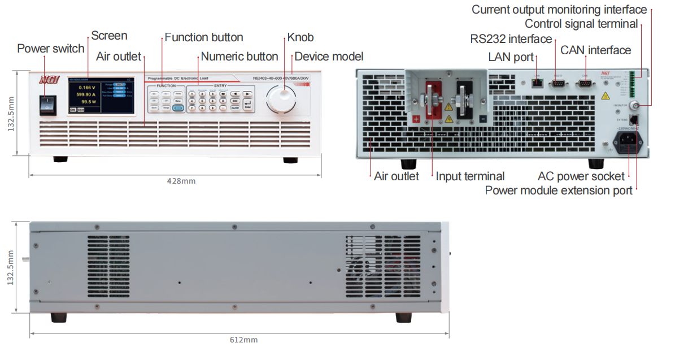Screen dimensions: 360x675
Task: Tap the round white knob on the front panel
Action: [x=281, y=101]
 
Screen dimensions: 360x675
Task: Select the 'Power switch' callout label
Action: [x=51, y=48]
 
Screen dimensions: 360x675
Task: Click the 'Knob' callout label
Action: [x=301, y=37]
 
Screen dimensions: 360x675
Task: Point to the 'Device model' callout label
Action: [x=329, y=57]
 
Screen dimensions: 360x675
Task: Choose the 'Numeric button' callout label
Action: [x=239, y=57]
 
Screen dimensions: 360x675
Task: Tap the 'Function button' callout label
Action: [x=204, y=37]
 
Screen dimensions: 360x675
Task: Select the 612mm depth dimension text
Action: [x=244, y=340]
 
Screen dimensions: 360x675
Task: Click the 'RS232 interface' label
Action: [x=511, y=38]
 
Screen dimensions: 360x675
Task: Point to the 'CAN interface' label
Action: [x=596, y=50]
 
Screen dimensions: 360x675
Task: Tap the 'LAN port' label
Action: [x=511, y=57]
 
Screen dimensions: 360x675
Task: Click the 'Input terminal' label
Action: [x=470, y=176]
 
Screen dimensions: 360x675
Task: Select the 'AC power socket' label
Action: [x=581, y=176]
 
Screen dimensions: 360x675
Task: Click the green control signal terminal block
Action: [x=638, y=84]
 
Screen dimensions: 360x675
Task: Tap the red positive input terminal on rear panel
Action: [x=434, y=101]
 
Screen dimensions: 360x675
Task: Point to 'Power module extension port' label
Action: [x=559, y=190]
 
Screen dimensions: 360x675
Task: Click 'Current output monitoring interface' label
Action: [x=559, y=10]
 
